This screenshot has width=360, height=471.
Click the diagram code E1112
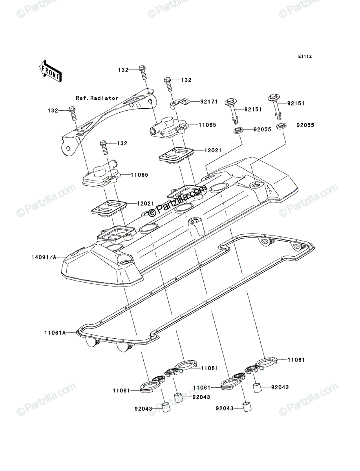coord(305,57)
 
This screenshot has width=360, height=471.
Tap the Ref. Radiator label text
coord(97,98)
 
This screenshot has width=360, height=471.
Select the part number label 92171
coord(209,102)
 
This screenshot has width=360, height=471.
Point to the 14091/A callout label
coord(44,257)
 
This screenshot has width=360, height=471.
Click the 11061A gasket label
coord(55,333)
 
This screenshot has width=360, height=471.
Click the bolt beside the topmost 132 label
coord(143,72)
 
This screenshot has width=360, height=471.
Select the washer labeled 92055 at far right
coord(280,126)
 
